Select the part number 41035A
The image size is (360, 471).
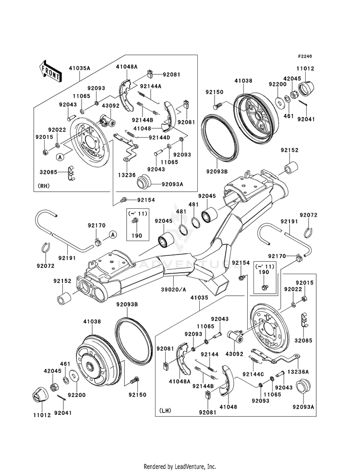[x=79, y=68]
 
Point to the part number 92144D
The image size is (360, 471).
[x=159, y=138]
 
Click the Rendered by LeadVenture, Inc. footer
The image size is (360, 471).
[x=180, y=466]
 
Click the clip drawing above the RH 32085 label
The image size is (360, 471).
[x=70, y=171]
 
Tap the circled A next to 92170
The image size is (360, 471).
[x=113, y=234]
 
